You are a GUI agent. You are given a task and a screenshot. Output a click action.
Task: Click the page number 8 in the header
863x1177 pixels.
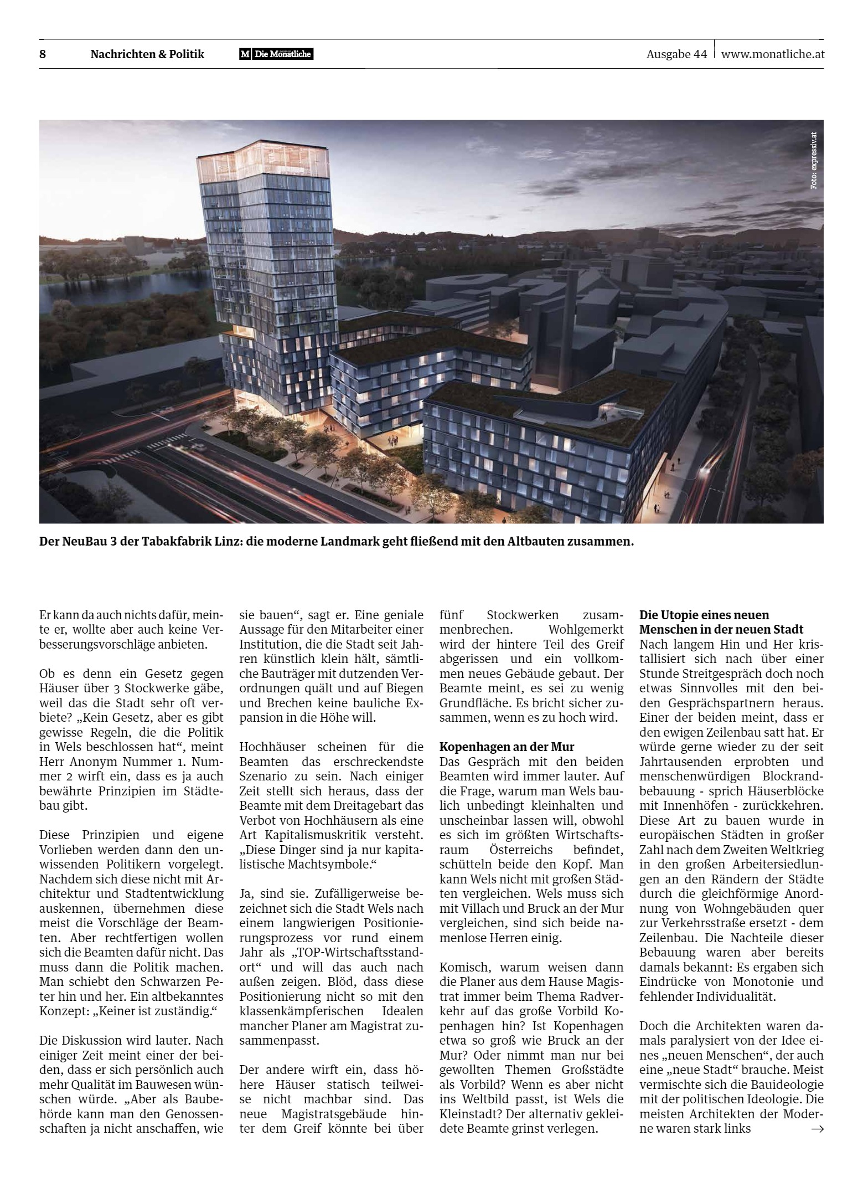(x=43, y=54)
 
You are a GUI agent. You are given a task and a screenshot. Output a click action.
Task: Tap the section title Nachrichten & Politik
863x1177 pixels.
(x=147, y=54)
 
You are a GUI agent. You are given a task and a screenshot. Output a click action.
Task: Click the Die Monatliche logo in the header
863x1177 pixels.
(x=276, y=54)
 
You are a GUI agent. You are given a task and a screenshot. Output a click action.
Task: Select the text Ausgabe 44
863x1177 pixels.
(x=676, y=54)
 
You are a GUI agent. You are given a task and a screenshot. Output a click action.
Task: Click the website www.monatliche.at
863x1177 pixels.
(x=773, y=54)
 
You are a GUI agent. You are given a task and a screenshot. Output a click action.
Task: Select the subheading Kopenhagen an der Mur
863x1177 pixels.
(x=507, y=747)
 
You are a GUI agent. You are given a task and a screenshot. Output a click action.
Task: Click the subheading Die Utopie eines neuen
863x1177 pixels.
(x=704, y=615)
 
